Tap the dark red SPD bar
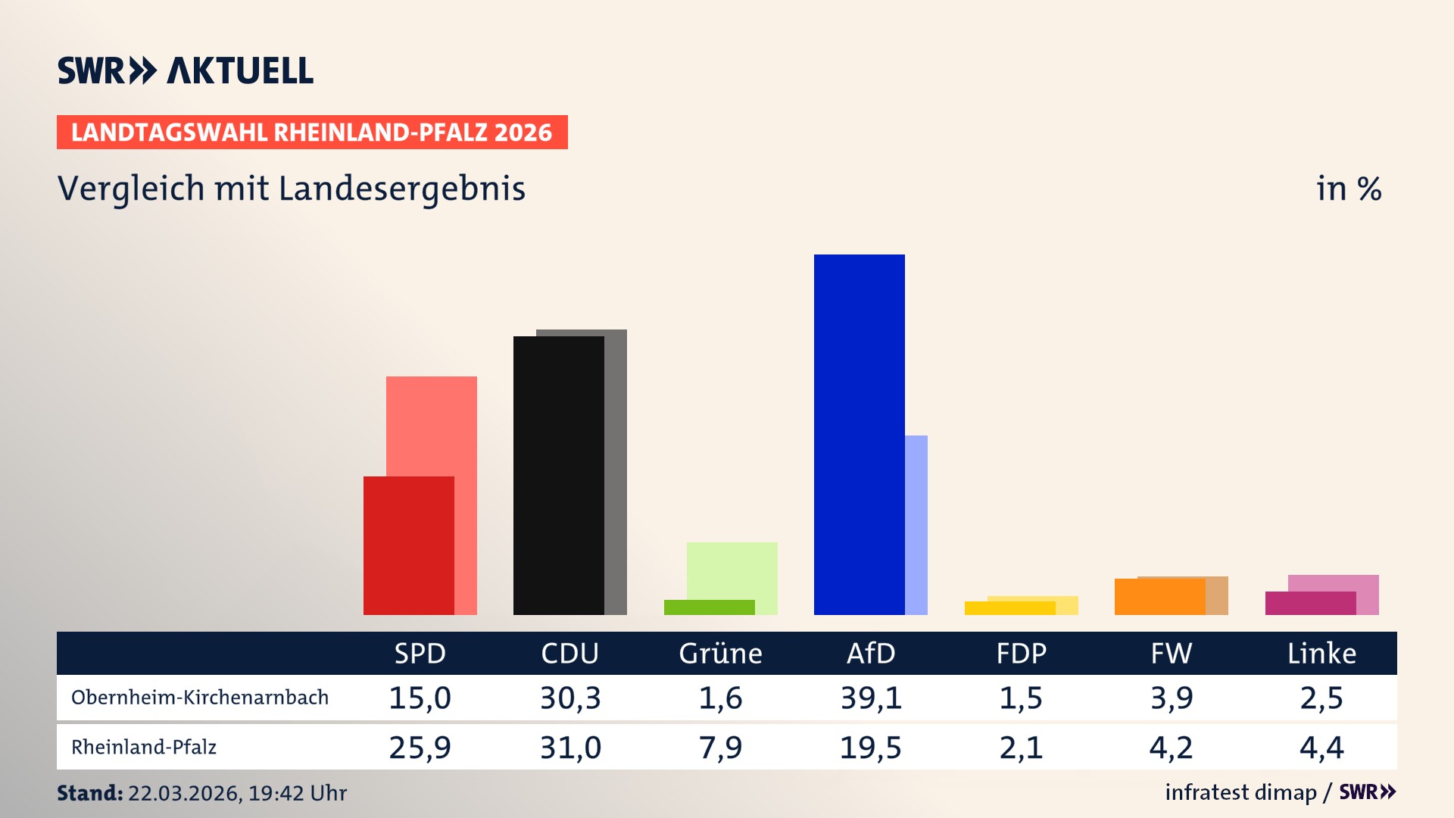[408, 545]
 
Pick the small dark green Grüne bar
[709, 607]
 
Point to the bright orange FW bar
[1159, 597]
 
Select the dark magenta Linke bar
[1310, 604]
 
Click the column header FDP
[1021, 653]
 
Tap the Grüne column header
[720, 653]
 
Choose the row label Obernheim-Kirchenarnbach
[200, 698]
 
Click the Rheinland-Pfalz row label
[144, 748]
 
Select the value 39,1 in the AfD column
[871, 698]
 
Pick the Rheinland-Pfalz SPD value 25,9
[420, 748]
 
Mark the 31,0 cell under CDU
[570, 748]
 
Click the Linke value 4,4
[1321, 748]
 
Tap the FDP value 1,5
[1021, 698]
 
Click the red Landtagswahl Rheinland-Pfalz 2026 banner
[312, 133]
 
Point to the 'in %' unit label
[1349, 189]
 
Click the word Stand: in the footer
[89, 793]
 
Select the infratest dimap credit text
[1240, 792]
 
